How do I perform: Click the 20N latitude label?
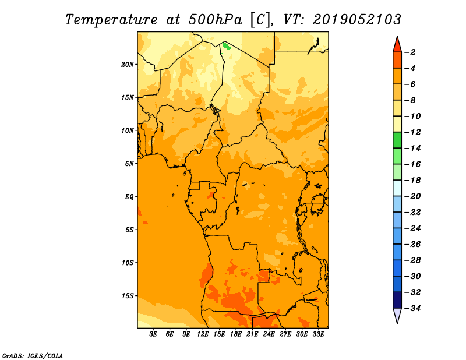[x=128, y=65]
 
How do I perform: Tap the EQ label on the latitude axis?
[x=129, y=197]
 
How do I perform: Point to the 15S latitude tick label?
[x=128, y=296]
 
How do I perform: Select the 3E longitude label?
[x=153, y=334]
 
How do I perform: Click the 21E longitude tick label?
[x=252, y=334]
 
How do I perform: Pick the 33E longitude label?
[x=318, y=334]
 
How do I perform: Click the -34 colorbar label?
[x=412, y=308]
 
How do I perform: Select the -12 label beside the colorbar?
[x=412, y=132]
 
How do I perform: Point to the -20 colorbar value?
[x=412, y=196]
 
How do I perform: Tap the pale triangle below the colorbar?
[x=397, y=315]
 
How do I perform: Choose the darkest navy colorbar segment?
[x=397, y=300]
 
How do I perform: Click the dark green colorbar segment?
[x=397, y=140]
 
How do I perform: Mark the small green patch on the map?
[x=227, y=46]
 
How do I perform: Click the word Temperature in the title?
[x=111, y=20]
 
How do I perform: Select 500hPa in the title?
[x=215, y=20]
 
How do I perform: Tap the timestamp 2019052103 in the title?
[x=357, y=20]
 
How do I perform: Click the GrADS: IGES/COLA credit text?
[x=33, y=356]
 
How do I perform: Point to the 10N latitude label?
[x=128, y=130]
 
